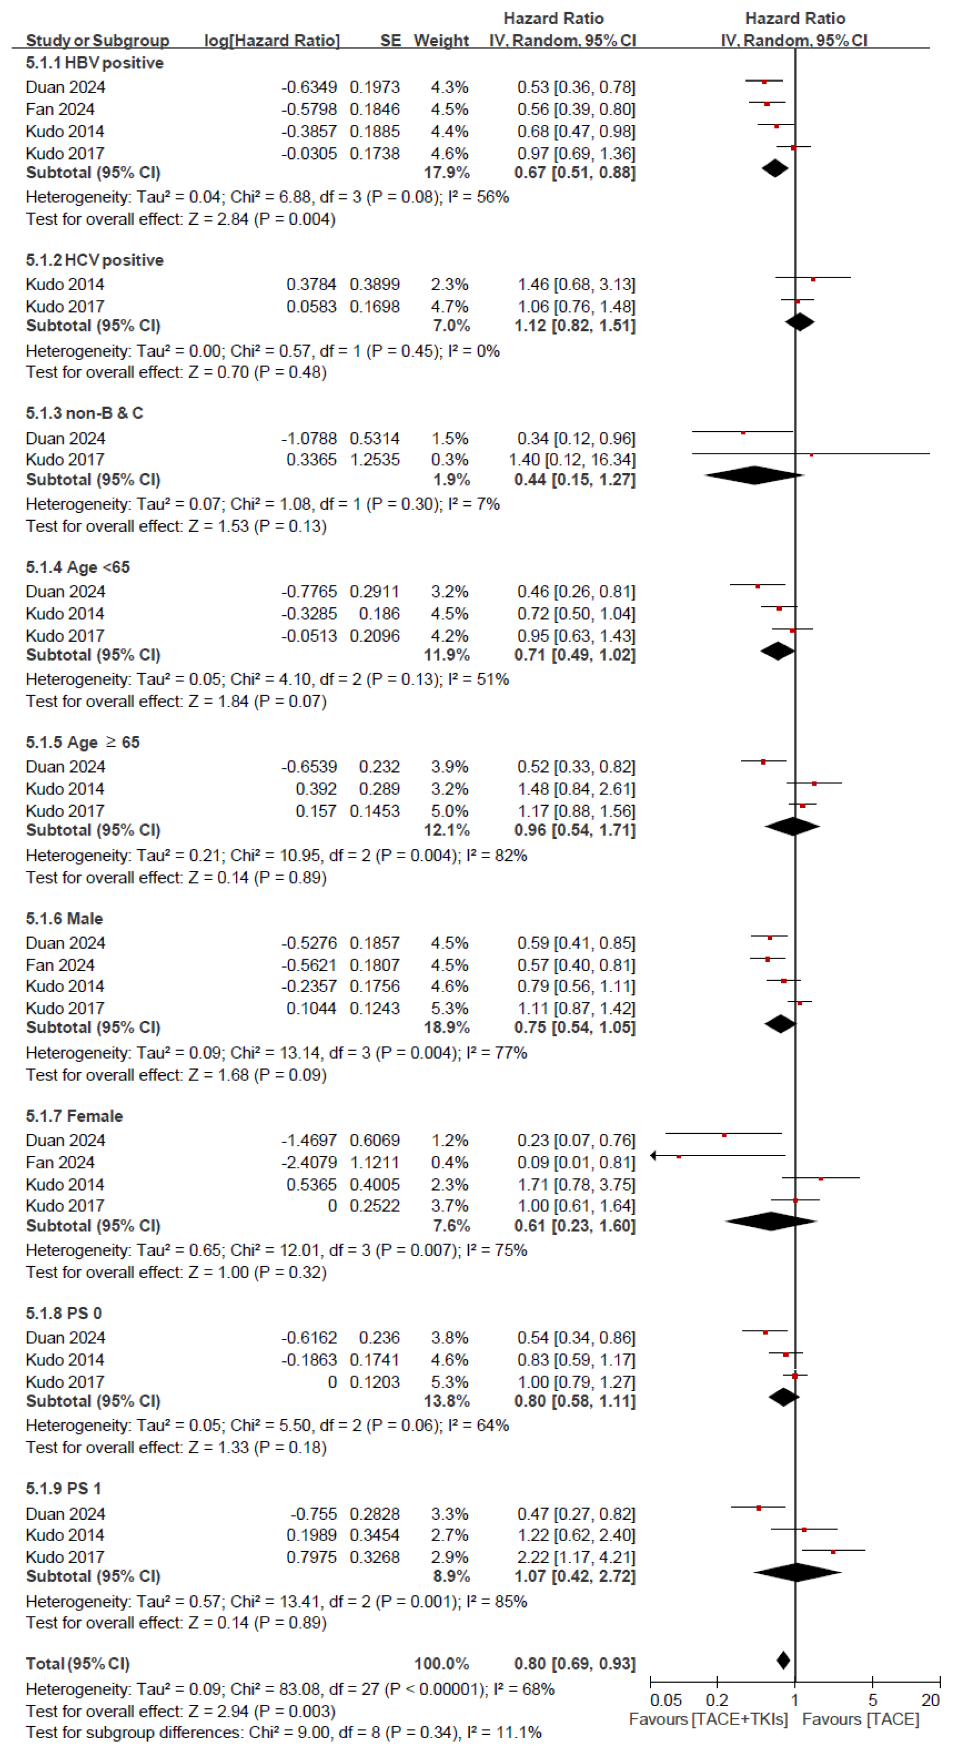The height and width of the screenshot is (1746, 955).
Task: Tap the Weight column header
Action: coord(441,41)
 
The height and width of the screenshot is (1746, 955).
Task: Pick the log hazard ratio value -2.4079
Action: coord(309,1163)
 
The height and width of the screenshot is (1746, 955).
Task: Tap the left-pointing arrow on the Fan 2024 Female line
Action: coord(653,1155)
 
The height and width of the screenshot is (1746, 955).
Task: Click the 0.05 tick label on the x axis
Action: coord(666,1700)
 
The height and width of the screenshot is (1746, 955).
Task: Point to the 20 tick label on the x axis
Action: coord(930,1700)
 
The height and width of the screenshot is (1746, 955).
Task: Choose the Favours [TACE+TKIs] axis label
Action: coord(708,1720)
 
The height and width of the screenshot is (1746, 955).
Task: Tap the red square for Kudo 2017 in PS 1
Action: coord(833,1552)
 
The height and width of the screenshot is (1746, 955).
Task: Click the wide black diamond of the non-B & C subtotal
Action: coord(754,475)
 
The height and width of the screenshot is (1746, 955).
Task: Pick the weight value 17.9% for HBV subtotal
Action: coord(446,173)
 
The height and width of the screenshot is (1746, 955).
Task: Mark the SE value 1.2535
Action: coord(374,460)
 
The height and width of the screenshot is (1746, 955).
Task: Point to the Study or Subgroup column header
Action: coord(97,41)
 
